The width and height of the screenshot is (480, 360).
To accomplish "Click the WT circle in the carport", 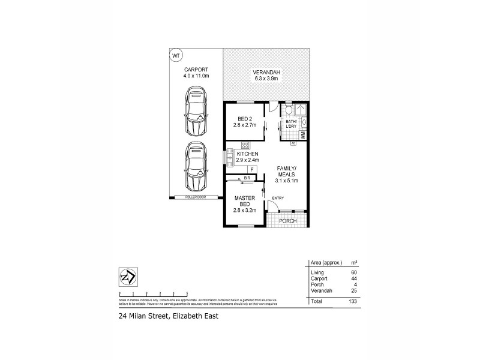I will [x=176, y=56].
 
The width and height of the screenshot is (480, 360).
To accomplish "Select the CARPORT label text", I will [x=196, y=70].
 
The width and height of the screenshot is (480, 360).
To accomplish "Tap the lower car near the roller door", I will [x=196, y=166].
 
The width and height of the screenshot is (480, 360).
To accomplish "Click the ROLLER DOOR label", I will [x=196, y=197].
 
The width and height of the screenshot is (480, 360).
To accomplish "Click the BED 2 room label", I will [x=245, y=118].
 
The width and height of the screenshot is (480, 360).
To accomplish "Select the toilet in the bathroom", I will [x=288, y=110].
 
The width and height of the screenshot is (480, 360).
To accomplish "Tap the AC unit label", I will [x=293, y=143].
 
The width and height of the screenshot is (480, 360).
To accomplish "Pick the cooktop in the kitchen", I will [x=245, y=145].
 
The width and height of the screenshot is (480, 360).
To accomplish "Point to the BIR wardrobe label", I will [x=247, y=178].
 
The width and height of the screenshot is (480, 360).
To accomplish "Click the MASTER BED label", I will [x=245, y=201].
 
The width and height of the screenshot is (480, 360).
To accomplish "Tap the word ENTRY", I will [x=278, y=199].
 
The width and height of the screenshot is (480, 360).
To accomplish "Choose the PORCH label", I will [x=287, y=221].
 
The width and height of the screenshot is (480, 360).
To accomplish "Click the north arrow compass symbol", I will [x=127, y=277].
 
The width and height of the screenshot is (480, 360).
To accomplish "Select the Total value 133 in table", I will [x=352, y=301].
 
